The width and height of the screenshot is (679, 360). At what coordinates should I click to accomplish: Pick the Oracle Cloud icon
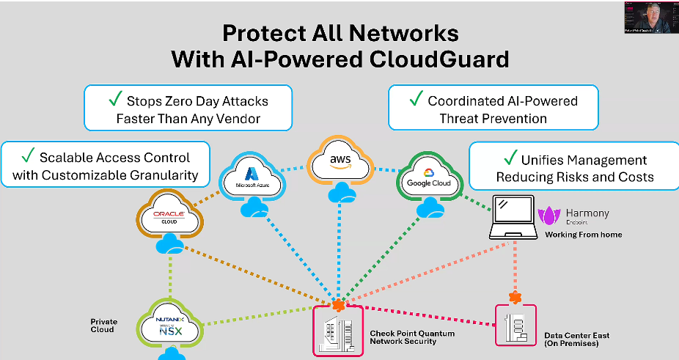click(x=169, y=215)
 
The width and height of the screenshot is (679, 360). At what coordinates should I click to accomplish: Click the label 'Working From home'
click(x=583, y=235)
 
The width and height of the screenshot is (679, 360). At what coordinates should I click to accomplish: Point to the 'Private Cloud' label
click(x=103, y=326)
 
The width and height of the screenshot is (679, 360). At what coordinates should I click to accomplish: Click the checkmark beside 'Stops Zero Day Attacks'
click(x=114, y=100)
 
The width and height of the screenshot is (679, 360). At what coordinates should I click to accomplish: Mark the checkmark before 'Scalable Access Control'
click(x=27, y=156)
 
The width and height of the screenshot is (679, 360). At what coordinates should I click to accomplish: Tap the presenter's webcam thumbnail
click(x=650, y=17)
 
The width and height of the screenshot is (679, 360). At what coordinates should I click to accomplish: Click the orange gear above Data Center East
click(x=515, y=297)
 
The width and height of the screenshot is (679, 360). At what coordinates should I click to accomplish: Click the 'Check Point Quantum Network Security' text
click(x=411, y=338)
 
